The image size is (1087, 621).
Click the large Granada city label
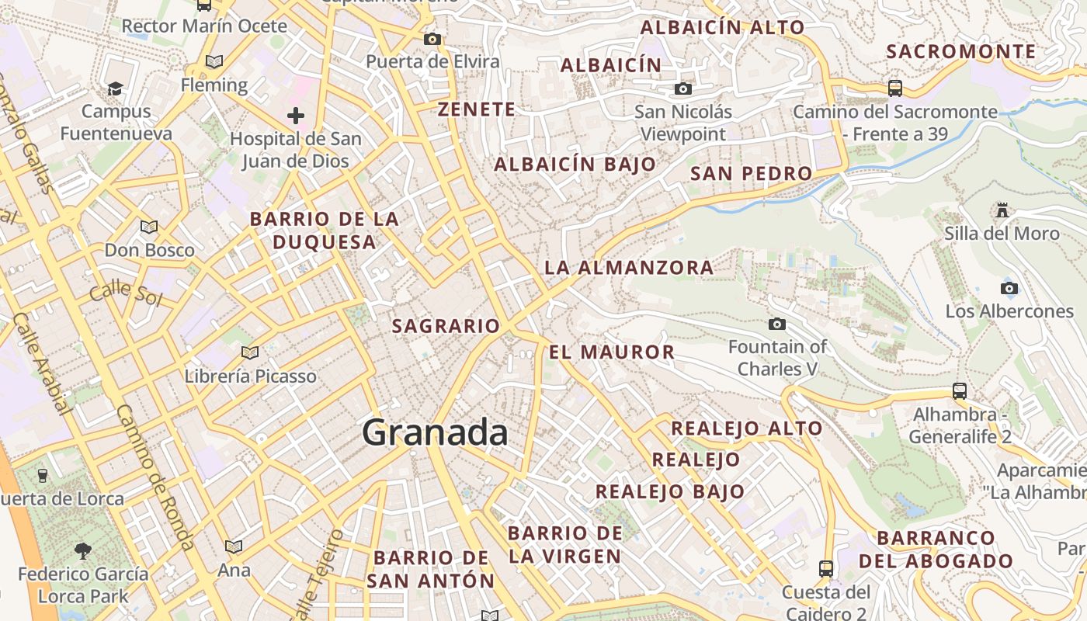435,432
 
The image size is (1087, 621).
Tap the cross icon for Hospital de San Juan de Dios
295,116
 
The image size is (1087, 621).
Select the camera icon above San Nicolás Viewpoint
683,88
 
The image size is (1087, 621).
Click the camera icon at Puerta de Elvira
432,39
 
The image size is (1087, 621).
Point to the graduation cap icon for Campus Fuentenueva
116,88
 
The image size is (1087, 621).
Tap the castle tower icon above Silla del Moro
1002,210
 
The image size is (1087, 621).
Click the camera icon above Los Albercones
1009,289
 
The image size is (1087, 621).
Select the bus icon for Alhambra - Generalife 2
960,390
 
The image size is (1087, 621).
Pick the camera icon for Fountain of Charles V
776,324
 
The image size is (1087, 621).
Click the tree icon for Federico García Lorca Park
82,551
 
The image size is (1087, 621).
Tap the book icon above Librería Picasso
250,353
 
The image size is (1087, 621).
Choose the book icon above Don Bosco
148,227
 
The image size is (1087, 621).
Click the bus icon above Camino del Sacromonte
895,88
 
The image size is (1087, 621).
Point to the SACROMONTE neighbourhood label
961,52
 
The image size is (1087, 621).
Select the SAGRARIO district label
446,326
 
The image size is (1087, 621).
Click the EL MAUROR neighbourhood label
612,352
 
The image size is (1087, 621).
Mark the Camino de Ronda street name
155,477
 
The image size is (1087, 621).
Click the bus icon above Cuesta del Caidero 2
826,569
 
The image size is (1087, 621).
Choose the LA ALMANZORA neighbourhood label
629,268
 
